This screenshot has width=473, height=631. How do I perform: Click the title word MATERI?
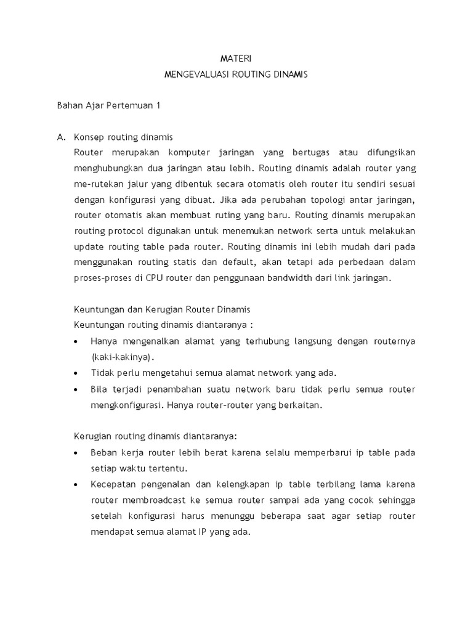point(236,59)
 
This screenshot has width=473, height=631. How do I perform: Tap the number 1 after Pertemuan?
point(158,105)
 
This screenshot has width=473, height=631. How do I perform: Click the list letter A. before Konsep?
point(61,137)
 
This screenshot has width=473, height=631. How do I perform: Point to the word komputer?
point(189,152)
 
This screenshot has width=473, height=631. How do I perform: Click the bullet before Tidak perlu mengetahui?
point(75,373)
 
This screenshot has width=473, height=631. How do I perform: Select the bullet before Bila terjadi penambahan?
point(75,389)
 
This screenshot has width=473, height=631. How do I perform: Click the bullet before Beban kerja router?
point(75,453)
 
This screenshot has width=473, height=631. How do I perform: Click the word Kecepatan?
point(112,484)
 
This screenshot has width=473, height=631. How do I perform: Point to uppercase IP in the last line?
point(202,531)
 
